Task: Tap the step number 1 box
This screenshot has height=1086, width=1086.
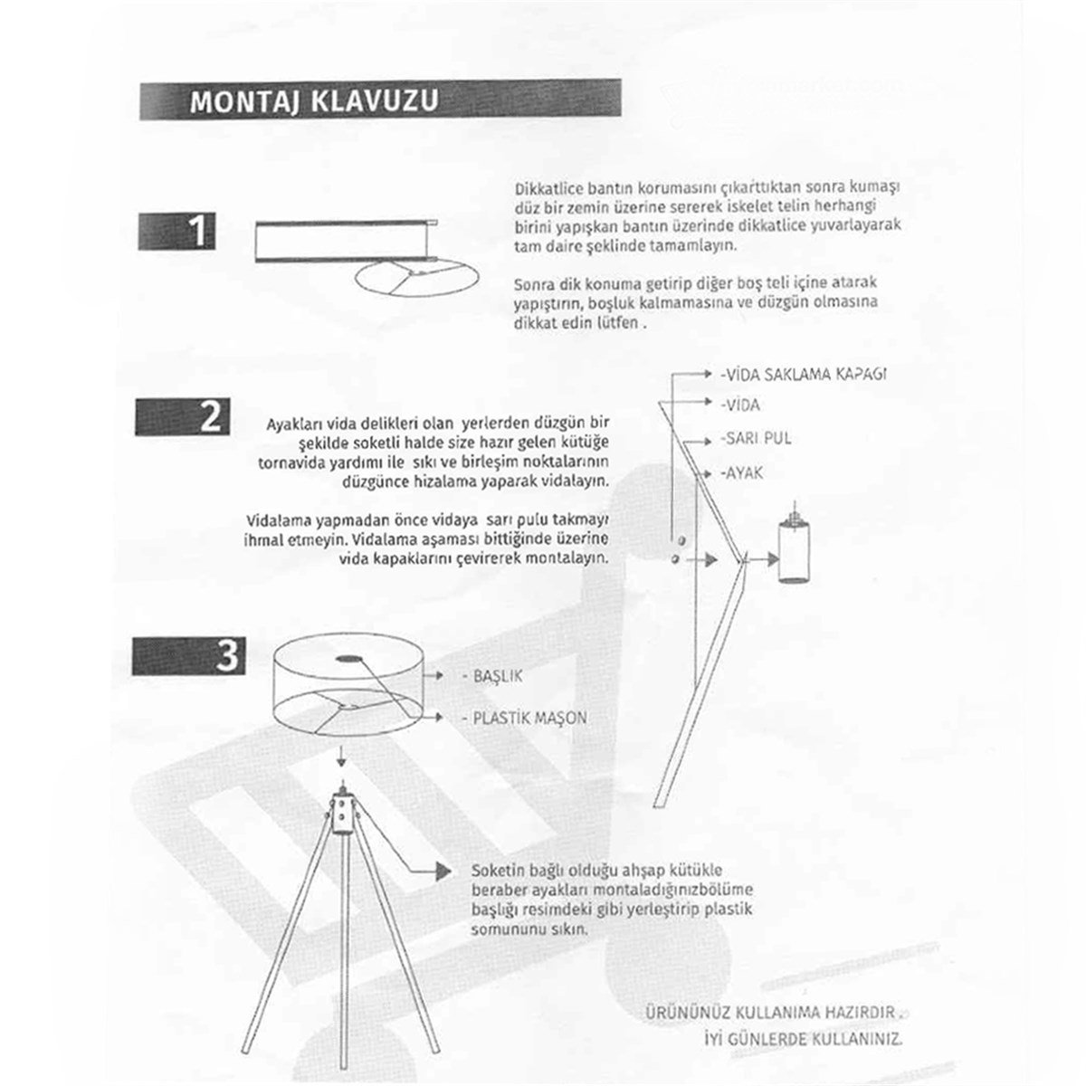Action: click(x=177, y=231)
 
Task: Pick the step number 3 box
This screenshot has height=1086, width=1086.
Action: click(x=187, y=654)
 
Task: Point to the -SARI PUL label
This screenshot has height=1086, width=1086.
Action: click(x=757, y=438)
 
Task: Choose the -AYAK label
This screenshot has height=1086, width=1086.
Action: click(x=742, y=472)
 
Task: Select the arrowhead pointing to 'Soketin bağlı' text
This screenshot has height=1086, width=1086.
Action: click(x=443, y=871)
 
